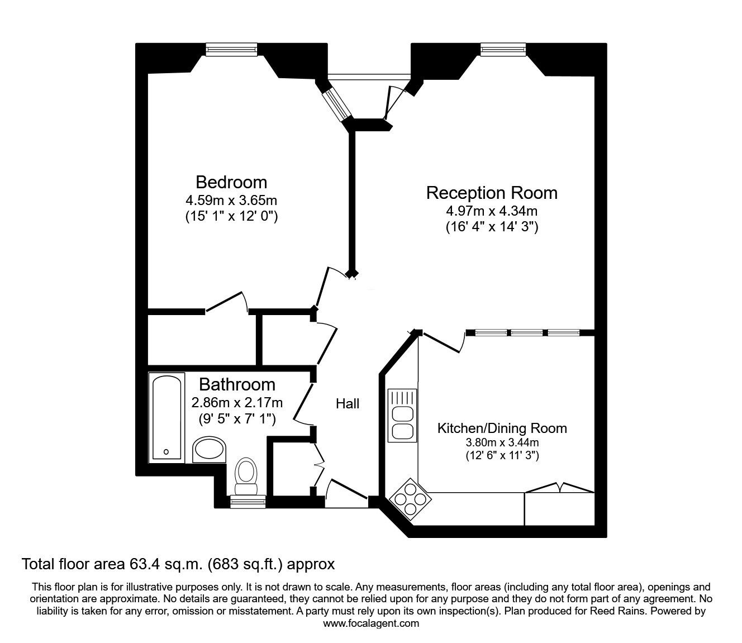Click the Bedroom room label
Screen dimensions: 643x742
[231, 182]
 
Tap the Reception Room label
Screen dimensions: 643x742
[492, 193]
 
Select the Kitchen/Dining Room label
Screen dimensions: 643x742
[502, 428]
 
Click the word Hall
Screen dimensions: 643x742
[348, 403]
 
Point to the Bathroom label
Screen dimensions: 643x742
[237, 384]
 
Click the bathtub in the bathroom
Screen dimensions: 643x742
[167, 417]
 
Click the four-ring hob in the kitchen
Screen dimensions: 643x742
[409, 497]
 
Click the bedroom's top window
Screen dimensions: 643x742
[231, 50]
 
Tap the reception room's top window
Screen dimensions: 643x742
[503, 50]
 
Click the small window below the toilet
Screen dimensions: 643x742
[248, 502]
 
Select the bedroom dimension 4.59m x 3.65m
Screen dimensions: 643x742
[231, 200]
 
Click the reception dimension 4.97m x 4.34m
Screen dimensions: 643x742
[492, 211]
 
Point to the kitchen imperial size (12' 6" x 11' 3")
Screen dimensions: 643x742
[502, 456]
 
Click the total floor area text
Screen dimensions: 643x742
[178, 564]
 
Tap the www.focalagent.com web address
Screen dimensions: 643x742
[371, 623]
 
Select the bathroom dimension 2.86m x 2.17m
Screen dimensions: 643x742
[237, 402]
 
